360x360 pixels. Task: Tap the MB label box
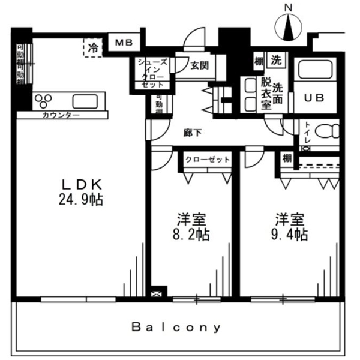tap(124, 43)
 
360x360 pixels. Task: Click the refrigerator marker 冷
tap(93, 47)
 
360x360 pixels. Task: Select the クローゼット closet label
tap(207, 159)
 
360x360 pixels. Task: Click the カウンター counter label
tap(61, 114)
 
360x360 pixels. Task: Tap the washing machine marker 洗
tap(275, 60)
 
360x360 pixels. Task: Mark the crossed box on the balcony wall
tap(157, 294)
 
